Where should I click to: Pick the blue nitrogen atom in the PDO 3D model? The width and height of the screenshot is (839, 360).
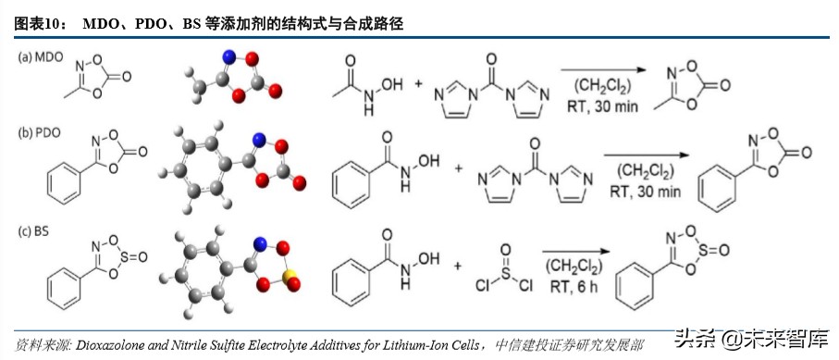[260, 141]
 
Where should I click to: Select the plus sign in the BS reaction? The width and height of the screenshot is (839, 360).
[458, 267]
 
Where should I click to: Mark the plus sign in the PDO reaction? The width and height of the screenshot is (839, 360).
[459, 170]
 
